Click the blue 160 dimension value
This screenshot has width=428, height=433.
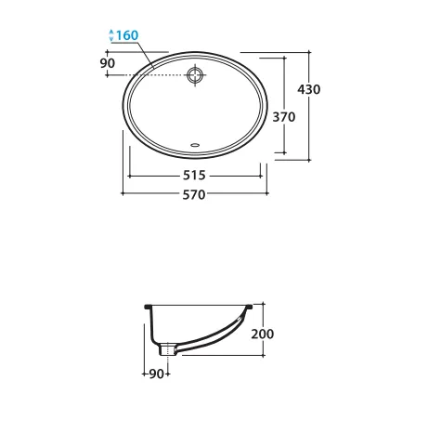pos(129,36)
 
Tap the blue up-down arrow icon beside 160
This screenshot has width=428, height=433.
pos(112,36)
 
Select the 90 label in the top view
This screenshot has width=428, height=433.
pos(107,62)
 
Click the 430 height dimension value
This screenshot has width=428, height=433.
pos(308,89)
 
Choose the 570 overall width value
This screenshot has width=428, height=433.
pos(193,195)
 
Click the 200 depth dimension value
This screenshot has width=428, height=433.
pos(263,334)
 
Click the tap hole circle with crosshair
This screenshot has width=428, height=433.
pos(195,76)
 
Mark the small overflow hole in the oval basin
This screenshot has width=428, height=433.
pos(194,145)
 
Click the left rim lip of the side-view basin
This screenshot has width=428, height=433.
pos(149,305)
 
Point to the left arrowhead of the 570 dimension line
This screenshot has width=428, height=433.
pos(125,194)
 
